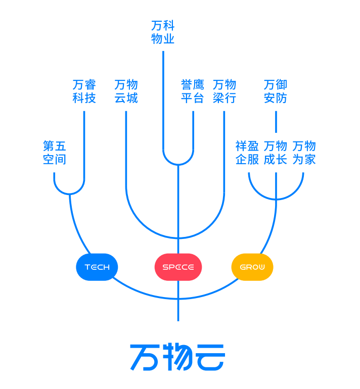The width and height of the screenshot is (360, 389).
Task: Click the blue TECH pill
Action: click(x=97, y=267)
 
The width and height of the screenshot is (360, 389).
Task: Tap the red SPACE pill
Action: click(x=178, y=267)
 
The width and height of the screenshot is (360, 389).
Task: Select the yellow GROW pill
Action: click(x=252, y=267)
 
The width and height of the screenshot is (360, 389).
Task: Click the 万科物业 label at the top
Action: click(x=163, y=32)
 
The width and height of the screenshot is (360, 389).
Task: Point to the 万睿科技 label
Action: click(x=84, y=91)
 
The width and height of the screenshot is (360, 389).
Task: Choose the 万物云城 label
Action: click(x=126, y=91)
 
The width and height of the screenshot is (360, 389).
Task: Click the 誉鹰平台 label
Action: click(x=193, y=91)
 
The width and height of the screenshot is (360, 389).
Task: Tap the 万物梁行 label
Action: click(x=224, y=91)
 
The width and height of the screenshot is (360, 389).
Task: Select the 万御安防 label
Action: click(x=276, y=91)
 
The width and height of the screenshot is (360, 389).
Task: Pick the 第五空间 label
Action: click(x=55, y=153)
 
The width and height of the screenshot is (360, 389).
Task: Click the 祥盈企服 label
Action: click(x=247, y=153)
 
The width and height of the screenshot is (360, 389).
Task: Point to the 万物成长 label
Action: click(x=276, y=153)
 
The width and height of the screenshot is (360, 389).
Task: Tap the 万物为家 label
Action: click(x=304, y=153)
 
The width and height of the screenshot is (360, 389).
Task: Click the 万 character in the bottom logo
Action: click(x=144, y=357)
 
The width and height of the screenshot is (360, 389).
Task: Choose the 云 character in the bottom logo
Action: click(x=210, y=357)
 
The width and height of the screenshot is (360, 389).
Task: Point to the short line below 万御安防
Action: click(x=276, y=121)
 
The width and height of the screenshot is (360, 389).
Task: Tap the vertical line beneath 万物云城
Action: click(x=126, y=152)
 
